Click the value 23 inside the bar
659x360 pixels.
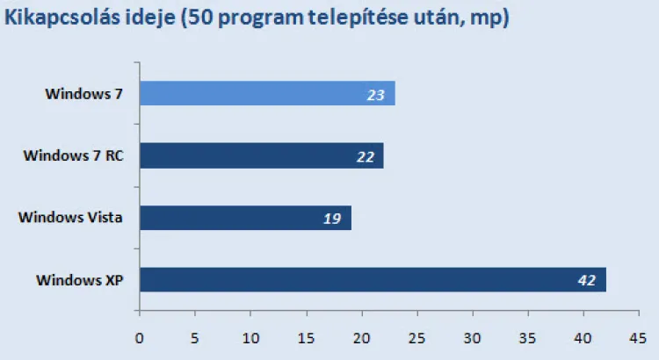[376, 94]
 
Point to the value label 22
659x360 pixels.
[366, 157]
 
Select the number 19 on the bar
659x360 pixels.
[332, 219]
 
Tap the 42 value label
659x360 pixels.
[587, 281]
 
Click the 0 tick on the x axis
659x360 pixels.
[139, 336]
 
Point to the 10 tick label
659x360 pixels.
[250, 336]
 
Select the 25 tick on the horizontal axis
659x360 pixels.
[416, 336]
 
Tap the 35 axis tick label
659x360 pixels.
[528, 336]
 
